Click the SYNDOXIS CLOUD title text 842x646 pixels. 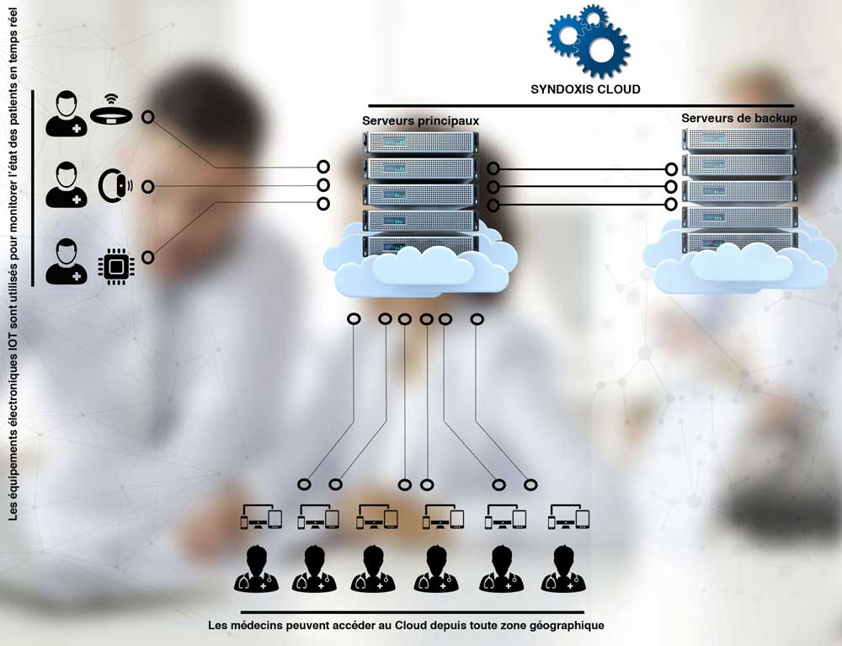click(x=585, y=88)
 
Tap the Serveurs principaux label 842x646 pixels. click(x=420, y=121)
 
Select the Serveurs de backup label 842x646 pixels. click(x=739, y=118)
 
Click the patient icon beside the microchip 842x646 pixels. click(x=66, y=262)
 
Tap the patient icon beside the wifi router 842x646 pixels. click(x=66, y=114)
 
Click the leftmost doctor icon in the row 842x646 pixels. click(x=256, y=569)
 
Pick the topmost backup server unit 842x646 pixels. click(x=739, y=138)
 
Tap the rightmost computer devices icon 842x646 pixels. click(x=568, y=517)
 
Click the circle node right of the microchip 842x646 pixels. click(x=148, y=257)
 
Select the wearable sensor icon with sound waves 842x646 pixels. click(x=115, y=187)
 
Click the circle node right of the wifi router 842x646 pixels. click(x=148, y=117)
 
